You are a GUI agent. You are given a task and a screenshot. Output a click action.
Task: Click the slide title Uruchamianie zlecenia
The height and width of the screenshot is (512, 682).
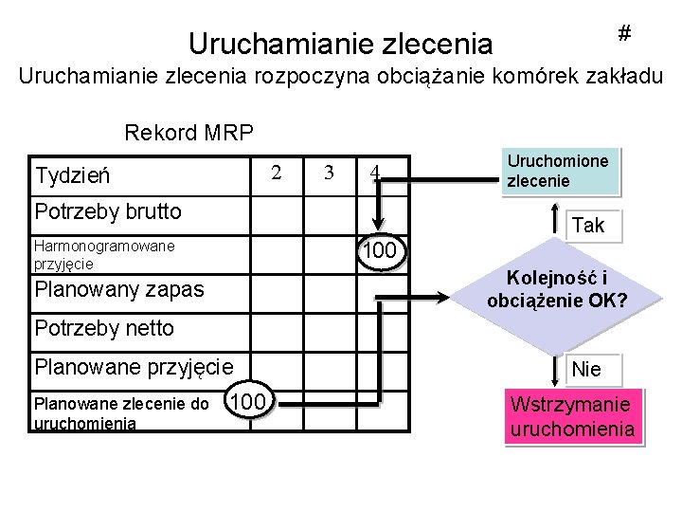(340, 44)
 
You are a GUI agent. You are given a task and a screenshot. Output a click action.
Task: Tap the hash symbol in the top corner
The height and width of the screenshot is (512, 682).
(624, 33)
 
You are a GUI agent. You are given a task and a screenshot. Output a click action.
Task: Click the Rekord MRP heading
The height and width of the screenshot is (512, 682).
(189, 132)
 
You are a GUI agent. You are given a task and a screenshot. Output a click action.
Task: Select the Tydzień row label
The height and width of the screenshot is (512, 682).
(72, 175)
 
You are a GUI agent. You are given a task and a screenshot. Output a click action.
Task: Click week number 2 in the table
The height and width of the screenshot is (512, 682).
(277, 173)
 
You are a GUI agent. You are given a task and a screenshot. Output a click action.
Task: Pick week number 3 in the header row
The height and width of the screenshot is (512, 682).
(329, 173)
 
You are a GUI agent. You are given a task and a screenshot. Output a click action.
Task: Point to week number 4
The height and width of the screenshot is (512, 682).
(376, 174)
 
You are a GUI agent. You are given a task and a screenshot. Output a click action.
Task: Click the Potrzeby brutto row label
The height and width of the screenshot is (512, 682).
(107, 210)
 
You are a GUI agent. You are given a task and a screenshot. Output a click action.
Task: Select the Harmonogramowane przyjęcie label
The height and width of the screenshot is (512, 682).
(103, 255)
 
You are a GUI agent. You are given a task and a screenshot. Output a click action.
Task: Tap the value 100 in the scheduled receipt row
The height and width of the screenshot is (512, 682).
(381, 252)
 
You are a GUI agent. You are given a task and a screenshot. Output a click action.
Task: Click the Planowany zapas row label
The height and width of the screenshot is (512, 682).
(118, 289)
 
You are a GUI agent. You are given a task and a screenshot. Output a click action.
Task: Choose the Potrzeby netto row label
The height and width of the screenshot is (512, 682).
(103, 328)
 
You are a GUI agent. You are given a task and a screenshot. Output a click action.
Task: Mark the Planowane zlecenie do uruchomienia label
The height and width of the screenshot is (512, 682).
(121, 412)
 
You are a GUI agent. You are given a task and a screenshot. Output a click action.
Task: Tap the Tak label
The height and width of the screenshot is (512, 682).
(588, 226)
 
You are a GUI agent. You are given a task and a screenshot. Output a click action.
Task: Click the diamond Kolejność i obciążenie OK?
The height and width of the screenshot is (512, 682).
(558, 290)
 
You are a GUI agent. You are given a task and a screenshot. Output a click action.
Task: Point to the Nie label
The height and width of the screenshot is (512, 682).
(587, 369)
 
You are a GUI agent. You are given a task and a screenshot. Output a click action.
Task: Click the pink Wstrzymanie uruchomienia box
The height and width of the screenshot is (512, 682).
(571, 417)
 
